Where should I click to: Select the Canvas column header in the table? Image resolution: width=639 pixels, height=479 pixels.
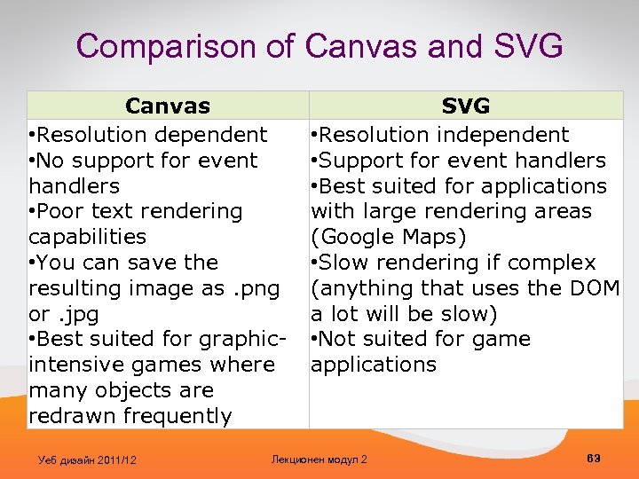pyautogui.click(x=168, y=106)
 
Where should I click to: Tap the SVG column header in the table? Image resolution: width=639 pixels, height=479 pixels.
pyautogui.click(x=466, y=106)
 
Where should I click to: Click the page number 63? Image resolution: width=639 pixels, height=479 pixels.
pyautogui.click(x=594, y=458)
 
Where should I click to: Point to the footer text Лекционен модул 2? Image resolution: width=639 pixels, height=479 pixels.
pyautogui.click(x=319, y=459)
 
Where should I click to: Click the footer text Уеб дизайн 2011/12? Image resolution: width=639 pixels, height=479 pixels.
pyautogui.click(x=88, y=459)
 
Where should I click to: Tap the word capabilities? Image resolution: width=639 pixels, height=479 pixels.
pyautogui.click(x=88, y=237)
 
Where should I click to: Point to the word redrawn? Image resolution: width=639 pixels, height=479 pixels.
pyautogui.click(x=69, y=416)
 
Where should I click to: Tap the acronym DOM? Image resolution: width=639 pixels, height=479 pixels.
pyautogui.click(x=595, y=288)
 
